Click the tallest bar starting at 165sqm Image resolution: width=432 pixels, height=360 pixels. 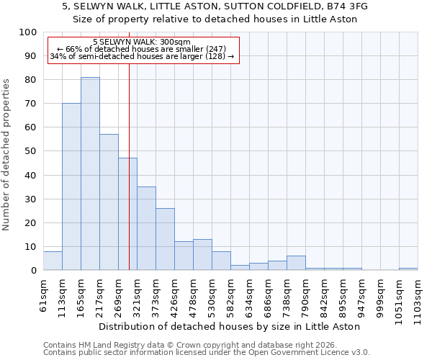(90, 174)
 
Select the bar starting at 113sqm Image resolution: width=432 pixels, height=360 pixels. (71, 186)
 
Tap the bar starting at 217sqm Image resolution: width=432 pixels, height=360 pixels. (109, 202)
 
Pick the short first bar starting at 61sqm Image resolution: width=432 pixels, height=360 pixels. (53, 261)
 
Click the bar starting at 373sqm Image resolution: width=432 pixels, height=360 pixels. (165, 239)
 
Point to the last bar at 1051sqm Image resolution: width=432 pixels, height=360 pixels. (408, 269)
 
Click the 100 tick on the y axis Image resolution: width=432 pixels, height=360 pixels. (28, 32)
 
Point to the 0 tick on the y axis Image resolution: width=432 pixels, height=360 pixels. (34, 270)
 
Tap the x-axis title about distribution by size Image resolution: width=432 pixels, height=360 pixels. (229, 326)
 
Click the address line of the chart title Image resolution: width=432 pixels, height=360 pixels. (215, 6)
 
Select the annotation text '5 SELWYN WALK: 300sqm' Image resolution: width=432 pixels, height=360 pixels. (142, 42)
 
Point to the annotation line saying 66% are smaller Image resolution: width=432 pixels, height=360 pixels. (141, 49)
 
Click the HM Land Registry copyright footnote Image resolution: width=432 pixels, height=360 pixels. (192, 345)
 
